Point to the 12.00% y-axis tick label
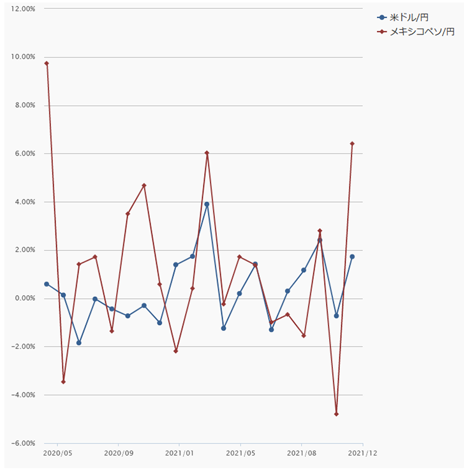pos(23,8)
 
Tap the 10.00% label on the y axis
pos(23,57)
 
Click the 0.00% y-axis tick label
pos(25,298)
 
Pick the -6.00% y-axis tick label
pos(23,444)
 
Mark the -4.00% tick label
pos(23,395)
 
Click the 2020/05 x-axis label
pos(57,453)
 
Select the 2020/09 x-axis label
pos(118,453)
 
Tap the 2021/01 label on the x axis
pos(179,453)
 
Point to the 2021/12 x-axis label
pos(362,453)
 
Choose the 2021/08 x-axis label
pos(301,453)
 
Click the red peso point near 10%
pos(47,63)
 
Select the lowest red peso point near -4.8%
pos(336,414)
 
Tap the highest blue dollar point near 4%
pos(207,205)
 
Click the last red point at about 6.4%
pos(352,144)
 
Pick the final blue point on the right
pos(352,257)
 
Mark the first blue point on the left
pos(47,284)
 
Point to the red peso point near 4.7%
pos(144,185)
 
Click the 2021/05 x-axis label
pos(240,453)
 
